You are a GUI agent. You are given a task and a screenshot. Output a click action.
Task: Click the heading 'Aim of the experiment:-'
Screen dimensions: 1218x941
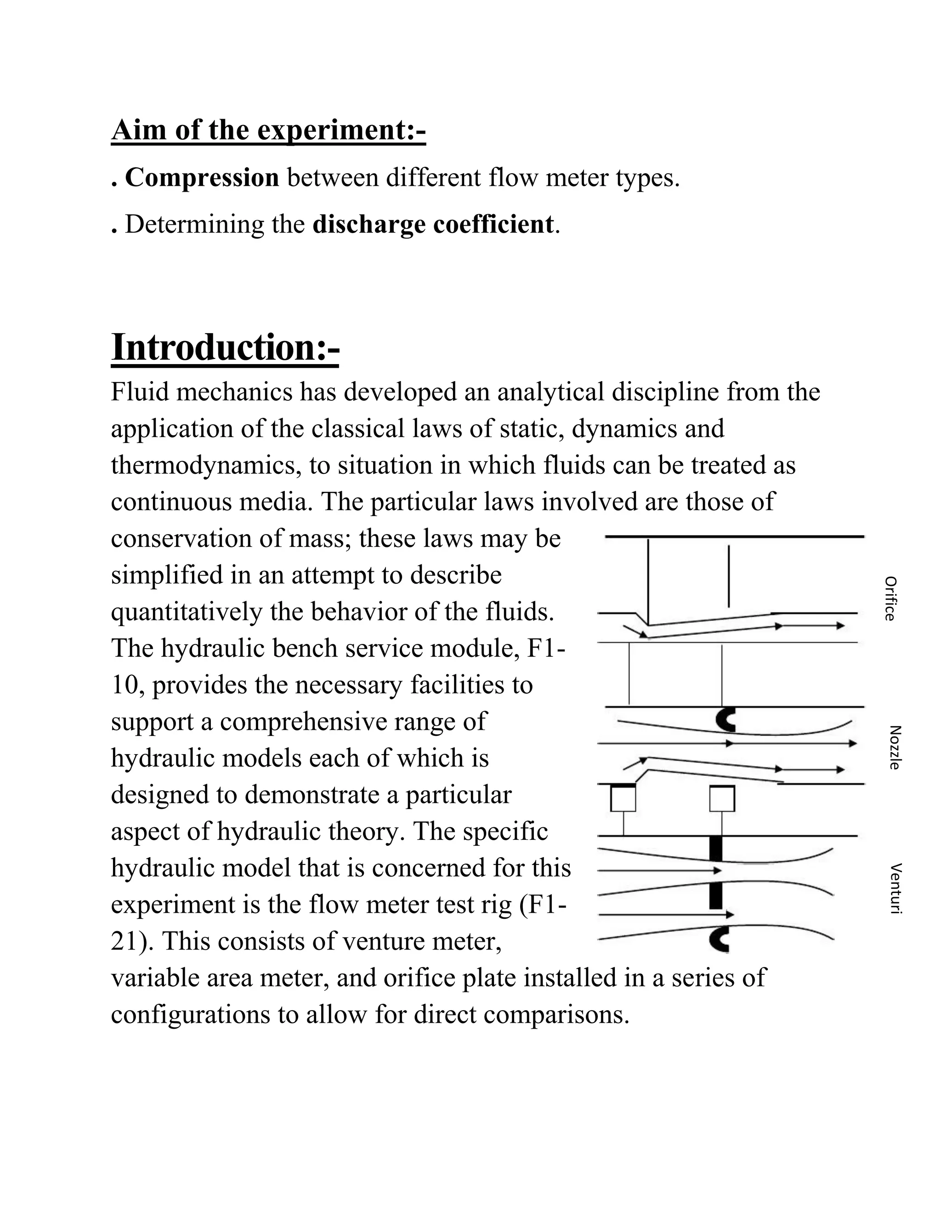pos(268,131)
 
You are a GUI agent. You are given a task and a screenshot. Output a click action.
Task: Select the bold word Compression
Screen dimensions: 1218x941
pos(202,178)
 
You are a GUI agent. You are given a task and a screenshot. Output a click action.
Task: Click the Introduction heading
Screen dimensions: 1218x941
pos(225,347)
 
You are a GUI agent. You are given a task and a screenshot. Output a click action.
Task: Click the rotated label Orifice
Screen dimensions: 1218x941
pos(890,598)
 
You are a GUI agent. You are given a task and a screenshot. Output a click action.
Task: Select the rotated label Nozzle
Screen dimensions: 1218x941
pos(894,747)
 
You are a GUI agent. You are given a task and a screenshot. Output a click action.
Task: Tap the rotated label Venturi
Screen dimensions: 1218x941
pos(896,888)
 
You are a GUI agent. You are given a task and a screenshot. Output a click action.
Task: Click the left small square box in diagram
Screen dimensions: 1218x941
pos(623,799)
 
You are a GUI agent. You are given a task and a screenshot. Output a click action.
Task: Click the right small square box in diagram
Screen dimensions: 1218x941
pos(722,799)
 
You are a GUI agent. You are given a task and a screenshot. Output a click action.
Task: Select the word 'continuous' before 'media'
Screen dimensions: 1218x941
pos(170,502)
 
